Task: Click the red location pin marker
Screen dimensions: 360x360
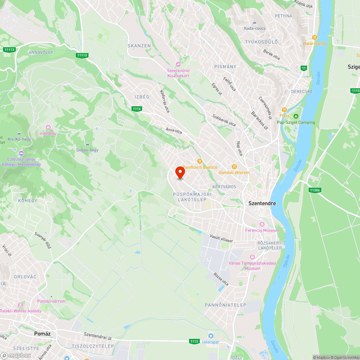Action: tap(180, 172)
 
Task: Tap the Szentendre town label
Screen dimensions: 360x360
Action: tap(262, 203)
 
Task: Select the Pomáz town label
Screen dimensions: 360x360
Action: tap(42, 334)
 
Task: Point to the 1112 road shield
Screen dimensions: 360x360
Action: tap(194, 341)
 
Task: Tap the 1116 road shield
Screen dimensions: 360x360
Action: tap(136, 109)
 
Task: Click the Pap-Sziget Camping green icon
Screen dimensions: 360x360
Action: tap(296, 116)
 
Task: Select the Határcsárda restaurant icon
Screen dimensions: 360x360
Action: tap(314, 37)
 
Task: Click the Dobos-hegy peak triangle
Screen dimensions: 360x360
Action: tap(87, 144)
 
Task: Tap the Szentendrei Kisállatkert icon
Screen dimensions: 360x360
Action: tap(178, 64)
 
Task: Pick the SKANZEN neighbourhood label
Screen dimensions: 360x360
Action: tap(139, 46)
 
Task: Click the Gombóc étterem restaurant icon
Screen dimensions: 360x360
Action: tap(234, 166)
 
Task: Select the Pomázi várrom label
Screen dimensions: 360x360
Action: tap(51, 301)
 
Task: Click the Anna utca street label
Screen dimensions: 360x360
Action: tap(174, 130)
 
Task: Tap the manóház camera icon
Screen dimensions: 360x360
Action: tap(48, 127)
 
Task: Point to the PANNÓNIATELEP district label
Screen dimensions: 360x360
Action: tap(225, 305)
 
